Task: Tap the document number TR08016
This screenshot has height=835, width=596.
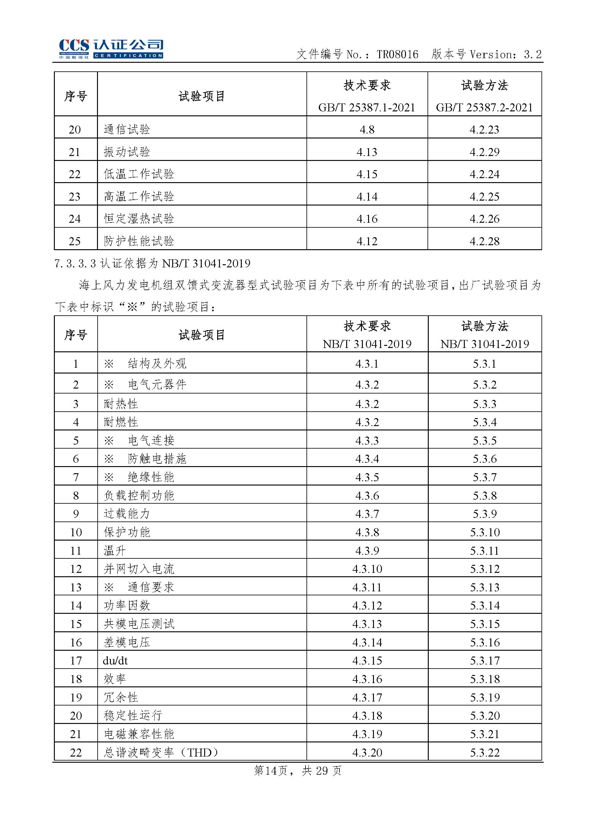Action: pyautogui.click(x=397, y=55)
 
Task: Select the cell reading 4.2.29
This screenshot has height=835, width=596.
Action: pyautogui.click(x=485, y=152)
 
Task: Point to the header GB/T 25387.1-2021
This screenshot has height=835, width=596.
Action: pyautogui.click(x=367, y=107)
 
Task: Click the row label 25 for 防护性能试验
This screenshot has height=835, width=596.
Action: pyautogui.click(x=75, y=241)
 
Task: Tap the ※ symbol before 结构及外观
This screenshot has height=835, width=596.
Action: pyautogui.click(x=109, y=364)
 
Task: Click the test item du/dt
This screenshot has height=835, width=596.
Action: pyautogui.click(x=115, y=661)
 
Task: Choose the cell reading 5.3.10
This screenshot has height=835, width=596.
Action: pyautogui.click(x=485, y=532)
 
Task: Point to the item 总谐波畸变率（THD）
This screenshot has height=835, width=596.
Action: pyautogui.click(x=161, y=753)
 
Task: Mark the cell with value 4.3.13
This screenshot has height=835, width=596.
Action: pyautogui.click(x=367, y=624)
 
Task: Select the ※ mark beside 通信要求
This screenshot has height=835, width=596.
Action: pyautogui.click(x=109, y=587)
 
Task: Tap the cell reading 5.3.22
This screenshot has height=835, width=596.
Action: pyautogui.click(x=485, y=753)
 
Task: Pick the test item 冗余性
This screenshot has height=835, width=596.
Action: pyautogui.click(x=121, y=697)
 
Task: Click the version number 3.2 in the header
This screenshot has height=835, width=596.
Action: pyautogui.click(x=533, y=55)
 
